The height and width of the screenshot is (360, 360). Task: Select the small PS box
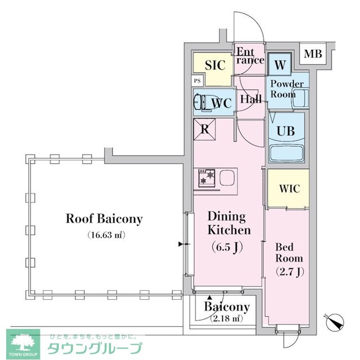(x=197, y=81)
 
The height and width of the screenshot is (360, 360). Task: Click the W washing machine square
(x=280, y=64)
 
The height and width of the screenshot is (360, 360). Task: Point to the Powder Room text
(x=287, y=89)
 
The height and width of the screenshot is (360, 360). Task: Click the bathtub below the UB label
(x=287, y=154)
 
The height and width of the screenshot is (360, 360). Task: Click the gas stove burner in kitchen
(x=206, y=178)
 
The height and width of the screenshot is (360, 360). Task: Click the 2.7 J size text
(x=289, y=272)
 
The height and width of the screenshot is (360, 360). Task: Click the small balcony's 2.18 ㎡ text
(x=226, y=319)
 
